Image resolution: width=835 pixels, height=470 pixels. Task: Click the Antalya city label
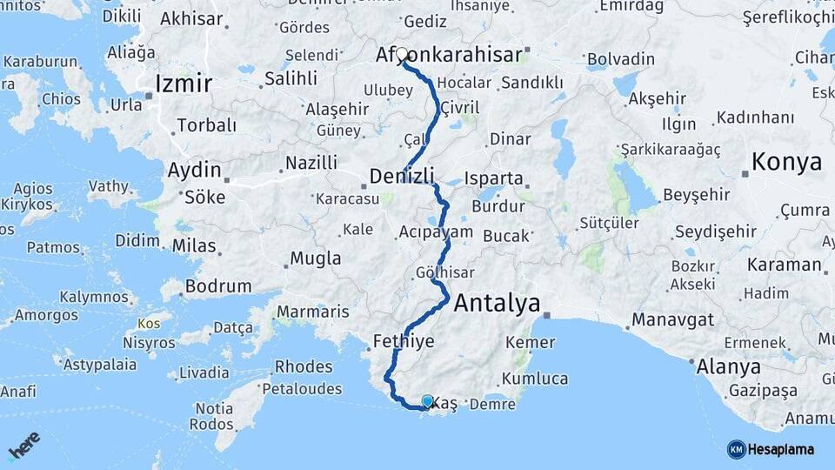tap(497, 304)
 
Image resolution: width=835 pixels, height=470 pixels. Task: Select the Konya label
tap(786, 162)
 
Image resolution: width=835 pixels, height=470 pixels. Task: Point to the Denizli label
tap(402, 176)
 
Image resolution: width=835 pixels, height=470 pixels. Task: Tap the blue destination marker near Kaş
tap(427, 401)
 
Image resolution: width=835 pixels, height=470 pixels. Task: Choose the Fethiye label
tap(404, 340)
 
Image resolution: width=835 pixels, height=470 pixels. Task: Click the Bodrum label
tap(218, 285)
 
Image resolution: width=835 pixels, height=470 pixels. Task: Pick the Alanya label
tap(728, 366)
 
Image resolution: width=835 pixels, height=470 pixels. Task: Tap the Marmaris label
tap(312, 312)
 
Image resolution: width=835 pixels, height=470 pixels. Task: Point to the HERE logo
tap(24, 445)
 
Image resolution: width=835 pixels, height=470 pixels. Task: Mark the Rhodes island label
tap(304, 366)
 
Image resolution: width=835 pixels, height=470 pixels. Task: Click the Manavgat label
tap(671, 319)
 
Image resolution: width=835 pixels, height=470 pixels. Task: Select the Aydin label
tap(195, 171)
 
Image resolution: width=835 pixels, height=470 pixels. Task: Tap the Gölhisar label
tap(444, 272)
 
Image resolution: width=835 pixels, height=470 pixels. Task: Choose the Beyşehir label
tap(697, 195)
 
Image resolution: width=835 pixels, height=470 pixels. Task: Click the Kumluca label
tap(534, 379)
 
